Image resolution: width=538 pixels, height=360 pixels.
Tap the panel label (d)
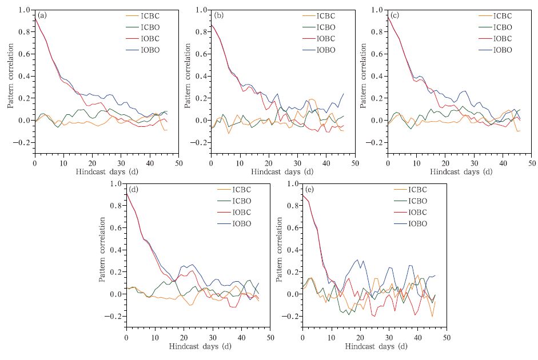133,189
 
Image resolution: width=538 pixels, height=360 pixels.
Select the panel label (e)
308,189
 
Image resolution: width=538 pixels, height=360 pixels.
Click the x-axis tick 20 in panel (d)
184,337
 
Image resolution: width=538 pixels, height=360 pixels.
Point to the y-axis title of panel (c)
364,77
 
